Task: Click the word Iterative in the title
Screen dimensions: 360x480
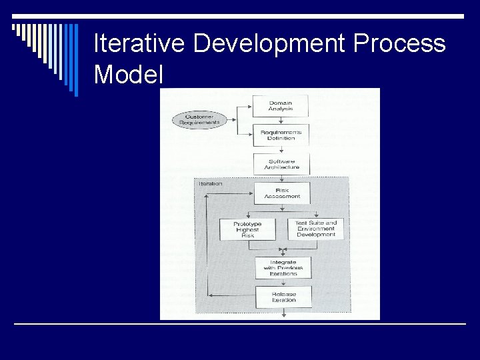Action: pos(139,43)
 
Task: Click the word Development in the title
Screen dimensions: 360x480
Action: pos(269,43)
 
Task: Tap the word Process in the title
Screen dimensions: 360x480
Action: pos(400,43)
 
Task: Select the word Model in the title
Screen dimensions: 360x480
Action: pos(129,73)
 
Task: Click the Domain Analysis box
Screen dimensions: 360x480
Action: pos(280,105)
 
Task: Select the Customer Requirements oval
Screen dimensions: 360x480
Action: pos(199,120)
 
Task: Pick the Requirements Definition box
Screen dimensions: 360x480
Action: pos(281,135)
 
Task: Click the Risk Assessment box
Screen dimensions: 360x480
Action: pos(282,193)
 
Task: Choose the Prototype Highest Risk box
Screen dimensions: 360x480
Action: pos(247,230)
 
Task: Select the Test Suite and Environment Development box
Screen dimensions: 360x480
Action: pos(316,229)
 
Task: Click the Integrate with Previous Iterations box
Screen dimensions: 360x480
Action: pos(283,268)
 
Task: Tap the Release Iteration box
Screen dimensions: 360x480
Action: pos(283,297)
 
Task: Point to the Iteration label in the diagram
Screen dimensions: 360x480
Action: pos(211,183)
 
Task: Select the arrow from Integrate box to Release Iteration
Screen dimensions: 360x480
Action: pos(283,283)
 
